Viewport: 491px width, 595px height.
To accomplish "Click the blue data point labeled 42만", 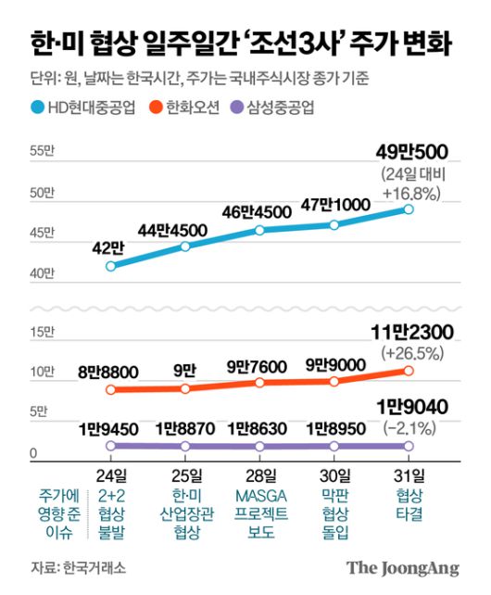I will tap(111, 266).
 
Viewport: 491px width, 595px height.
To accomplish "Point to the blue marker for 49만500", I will tap(409, 209).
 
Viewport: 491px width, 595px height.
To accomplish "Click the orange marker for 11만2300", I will tap(409, 371).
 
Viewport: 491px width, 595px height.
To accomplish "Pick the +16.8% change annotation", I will tap(409, 193).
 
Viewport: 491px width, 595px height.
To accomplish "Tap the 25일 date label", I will tap(185, 475).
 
